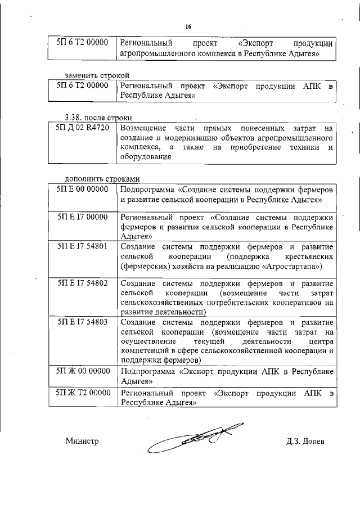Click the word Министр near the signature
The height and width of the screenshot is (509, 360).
82,442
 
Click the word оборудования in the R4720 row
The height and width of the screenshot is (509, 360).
145,157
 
